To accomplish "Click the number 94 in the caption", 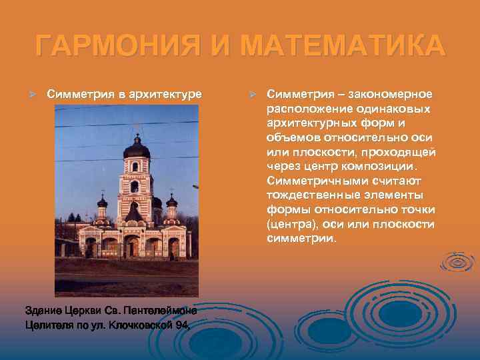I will tap(183, 326).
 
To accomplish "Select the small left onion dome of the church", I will tap(102, 202).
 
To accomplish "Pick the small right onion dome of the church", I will tap(171, 201).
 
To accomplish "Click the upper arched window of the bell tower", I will tap(135, 167).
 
